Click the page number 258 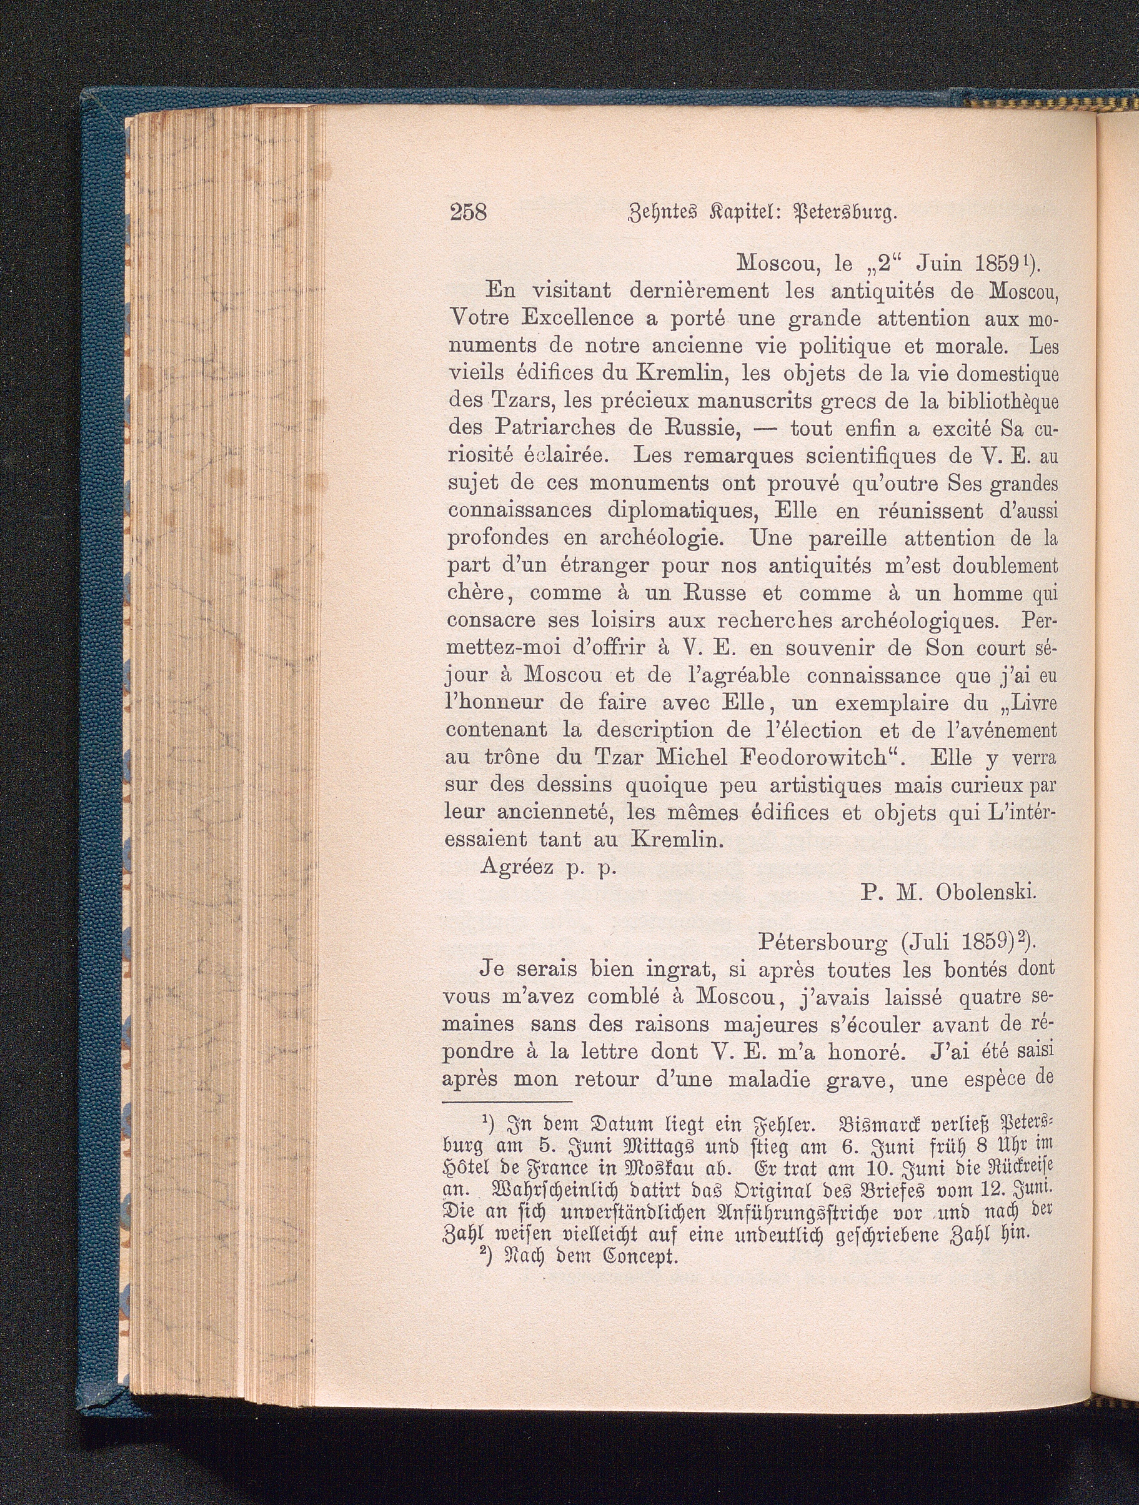click(469, 213)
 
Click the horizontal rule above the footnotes click(507, 1101)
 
